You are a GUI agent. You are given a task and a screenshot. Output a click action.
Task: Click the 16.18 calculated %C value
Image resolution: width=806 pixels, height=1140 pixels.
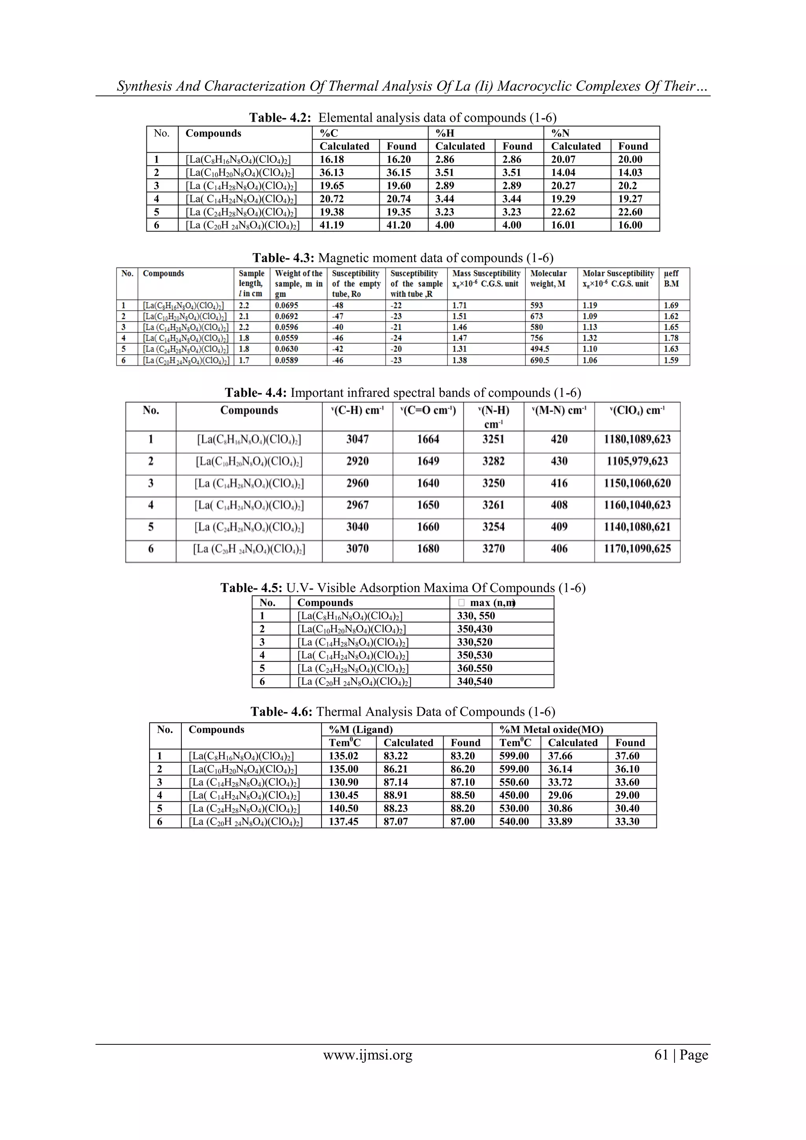pyautogui.click(x=331, y=159)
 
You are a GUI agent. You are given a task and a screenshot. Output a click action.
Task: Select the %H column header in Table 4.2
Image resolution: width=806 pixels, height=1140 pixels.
pyautogui.click(x=445, y=133)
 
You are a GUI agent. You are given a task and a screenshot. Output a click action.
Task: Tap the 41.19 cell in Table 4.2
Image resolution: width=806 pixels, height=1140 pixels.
pyautogui.click(x=331, y=225)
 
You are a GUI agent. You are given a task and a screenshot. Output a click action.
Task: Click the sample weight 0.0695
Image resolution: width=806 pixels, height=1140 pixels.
pyautogui.click(x=287, y=305)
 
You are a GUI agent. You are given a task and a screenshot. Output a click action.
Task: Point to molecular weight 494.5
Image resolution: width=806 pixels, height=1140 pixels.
pyautogui.click(x=540, y=349)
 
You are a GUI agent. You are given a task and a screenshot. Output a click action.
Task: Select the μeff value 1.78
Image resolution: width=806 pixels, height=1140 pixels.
pyautogui.click(x=671, y=338)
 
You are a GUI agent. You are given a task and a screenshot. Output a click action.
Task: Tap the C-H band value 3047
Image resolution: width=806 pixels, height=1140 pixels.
pyautogui.click(x=357, y=439)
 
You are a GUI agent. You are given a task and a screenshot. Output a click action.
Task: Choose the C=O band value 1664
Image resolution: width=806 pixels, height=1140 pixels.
pyautogui.click(x=428, y=439)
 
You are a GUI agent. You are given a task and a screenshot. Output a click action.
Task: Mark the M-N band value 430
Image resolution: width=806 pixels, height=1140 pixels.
pyautogui.click(x=559, y=461)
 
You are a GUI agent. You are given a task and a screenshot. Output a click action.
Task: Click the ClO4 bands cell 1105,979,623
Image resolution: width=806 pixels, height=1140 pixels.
pyautogui.click(x=637, y=461)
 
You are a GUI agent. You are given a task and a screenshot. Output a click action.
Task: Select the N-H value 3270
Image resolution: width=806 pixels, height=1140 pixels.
pyautogui.click(x=494, y=549)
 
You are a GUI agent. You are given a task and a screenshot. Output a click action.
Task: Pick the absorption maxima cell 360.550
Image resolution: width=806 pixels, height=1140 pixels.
pyautogui.click(x=475, y=668)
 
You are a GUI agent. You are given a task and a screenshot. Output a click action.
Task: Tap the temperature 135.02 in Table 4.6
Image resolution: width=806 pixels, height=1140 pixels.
pyautogui.click(x=344, y=756)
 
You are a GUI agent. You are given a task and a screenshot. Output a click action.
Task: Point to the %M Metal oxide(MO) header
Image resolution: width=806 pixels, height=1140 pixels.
pyautogui.click(x=551, y=729)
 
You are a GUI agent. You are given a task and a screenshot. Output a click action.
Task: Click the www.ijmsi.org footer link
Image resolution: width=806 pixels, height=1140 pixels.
pyautogui.click(x=368, y=1055)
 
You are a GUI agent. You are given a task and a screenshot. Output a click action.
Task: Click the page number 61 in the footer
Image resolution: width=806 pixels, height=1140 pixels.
pyautogui.click(x=662, y=1055)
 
